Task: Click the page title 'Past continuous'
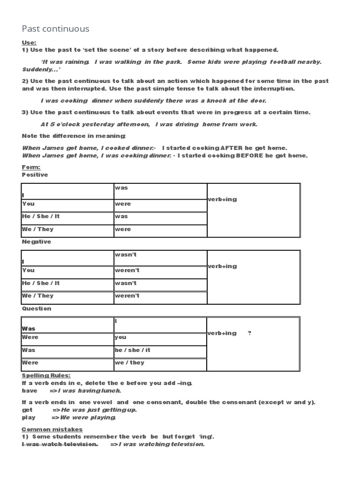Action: point(55,29)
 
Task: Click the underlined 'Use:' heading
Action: point(29,43)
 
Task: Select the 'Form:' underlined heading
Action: point(31,167)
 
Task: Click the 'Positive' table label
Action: point(35,174)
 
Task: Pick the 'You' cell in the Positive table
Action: point(28,204)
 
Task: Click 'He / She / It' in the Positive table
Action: point(41,217)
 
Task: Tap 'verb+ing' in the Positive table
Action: point(223,199)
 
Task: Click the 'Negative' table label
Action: point(37,242)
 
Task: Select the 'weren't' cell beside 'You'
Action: point(127,270)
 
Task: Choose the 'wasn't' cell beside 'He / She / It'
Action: point(126,283)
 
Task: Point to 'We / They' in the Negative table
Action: point(37,296)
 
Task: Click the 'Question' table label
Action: point(37,309)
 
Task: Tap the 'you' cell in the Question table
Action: point(120,337)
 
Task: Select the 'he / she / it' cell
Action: point(133,350)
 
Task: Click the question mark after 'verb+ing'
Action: point(249,333)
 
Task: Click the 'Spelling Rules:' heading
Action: point(46,376)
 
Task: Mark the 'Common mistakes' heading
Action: point(52,429)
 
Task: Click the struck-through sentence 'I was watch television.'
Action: point(60,444)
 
